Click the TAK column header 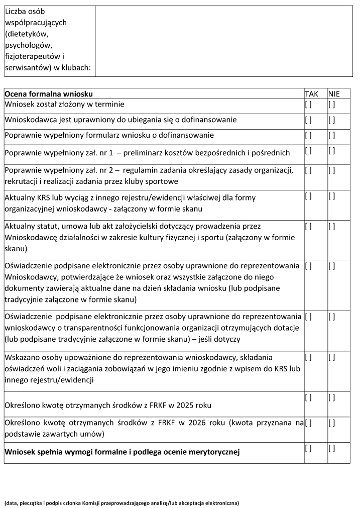(311, 94)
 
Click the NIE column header (334, 94)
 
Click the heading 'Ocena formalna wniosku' (49, 94)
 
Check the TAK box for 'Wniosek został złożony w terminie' (308, 105)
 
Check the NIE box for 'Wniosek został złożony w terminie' (332, 105)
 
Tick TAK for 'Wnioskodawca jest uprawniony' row (308, 120)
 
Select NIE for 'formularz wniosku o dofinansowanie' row (332, 135)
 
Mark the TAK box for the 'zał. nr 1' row (308, 151)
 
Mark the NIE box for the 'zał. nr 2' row (332, 170)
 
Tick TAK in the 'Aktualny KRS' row (308, 196)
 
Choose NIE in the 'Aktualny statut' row (332, 227)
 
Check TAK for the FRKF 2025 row (308, 398)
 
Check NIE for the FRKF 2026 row (332, 423)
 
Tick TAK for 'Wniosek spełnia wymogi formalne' (308, 448)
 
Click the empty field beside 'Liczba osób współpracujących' (223, 41)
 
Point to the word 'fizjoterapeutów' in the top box (30, 56)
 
